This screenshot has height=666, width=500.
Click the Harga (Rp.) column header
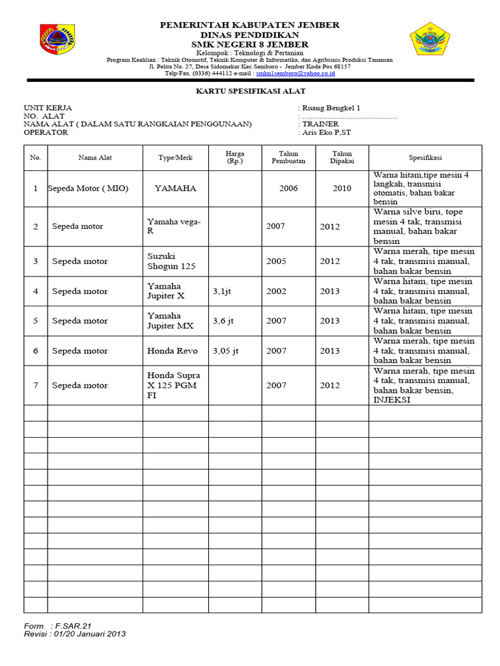[234, 157]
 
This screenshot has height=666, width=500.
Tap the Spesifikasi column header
[425, 157]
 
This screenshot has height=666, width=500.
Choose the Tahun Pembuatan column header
[288, 157]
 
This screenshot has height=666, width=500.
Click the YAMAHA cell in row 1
[175, 189]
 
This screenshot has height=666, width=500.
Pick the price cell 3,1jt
[221, 291]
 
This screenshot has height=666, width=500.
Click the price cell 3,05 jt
[226, 351]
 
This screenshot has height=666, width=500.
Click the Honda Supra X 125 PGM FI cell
[174, 385]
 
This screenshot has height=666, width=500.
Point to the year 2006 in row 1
[288, 189]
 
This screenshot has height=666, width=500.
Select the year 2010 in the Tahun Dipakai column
[342, 189]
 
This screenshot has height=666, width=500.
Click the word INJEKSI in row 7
[392, 399]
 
